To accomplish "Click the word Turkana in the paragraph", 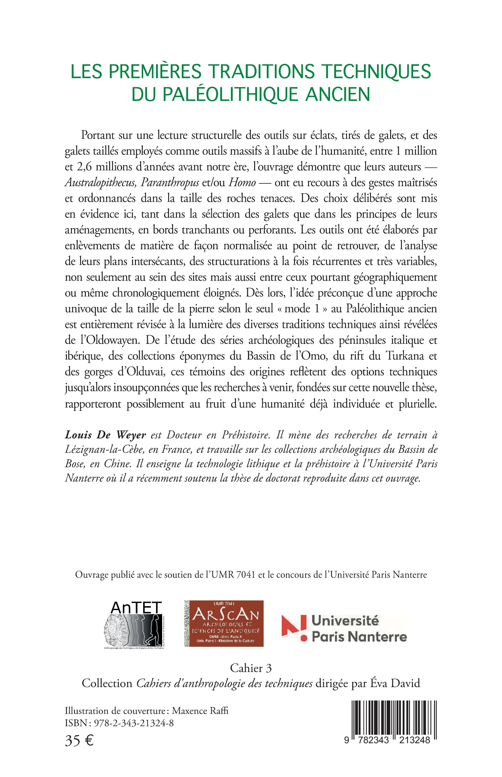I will [x=405, y=356].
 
